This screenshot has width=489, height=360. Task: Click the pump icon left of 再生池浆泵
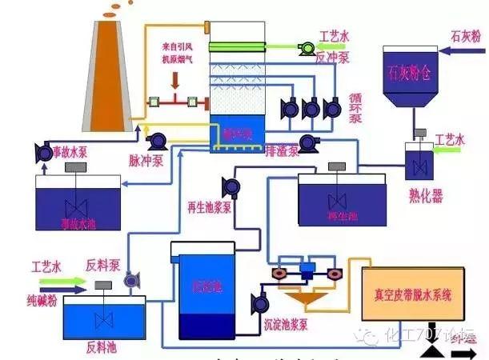(232, 188)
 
